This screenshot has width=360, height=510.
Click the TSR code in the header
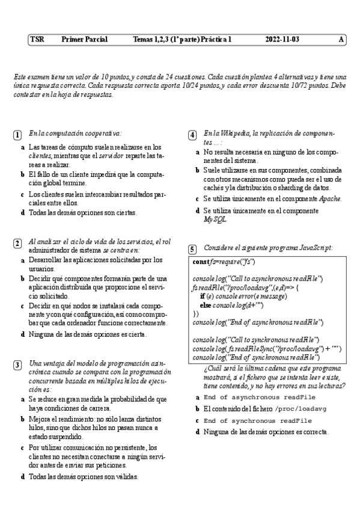[x=37, y=40]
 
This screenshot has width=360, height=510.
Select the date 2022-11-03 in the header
[x=282, y=40]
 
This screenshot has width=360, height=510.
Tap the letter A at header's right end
[x=341, y=40]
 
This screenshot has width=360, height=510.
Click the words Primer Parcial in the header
[x=84, y=40]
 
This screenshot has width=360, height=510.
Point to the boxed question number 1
[x=18, y=135]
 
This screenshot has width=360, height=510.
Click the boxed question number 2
[x=18, y=243]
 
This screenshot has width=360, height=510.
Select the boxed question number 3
[x=18, y=365]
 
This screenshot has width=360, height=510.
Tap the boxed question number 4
[x=192, y=135]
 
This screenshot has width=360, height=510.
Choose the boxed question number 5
[x=192, y=249]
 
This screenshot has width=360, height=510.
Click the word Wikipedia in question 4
[x=231, y=133]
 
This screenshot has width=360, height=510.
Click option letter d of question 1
[x=23, y=212]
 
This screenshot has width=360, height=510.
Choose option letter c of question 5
[x=198, y=420]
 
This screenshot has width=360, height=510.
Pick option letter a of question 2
[x=23, y=260]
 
